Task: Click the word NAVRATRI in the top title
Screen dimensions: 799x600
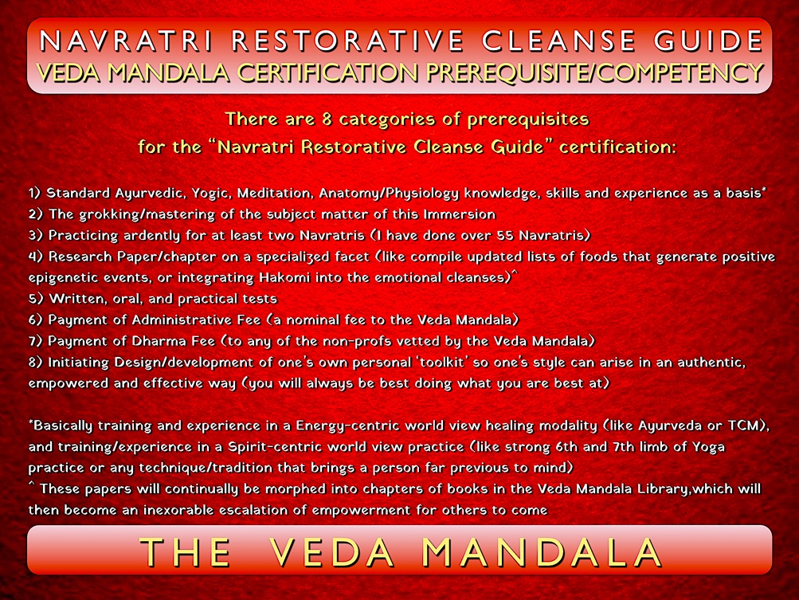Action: click(x=126, y=41)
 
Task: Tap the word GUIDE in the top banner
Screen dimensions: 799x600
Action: click(x=708, y=41)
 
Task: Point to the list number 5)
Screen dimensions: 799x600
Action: click(x=36, y=299)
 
